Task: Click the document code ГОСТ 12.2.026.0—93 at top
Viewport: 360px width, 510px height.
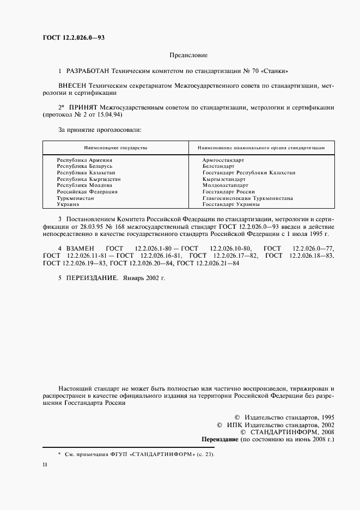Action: (74, 38)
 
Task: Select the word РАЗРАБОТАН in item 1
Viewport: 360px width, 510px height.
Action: (87, 71)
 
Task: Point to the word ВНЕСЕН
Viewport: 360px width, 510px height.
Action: (72, 86)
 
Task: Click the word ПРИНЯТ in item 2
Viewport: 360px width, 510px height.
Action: (82, 108)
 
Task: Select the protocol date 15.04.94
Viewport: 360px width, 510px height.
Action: (108, 116)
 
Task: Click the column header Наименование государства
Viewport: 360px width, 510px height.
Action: (115, 148)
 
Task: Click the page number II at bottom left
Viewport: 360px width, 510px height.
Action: (45, 464)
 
